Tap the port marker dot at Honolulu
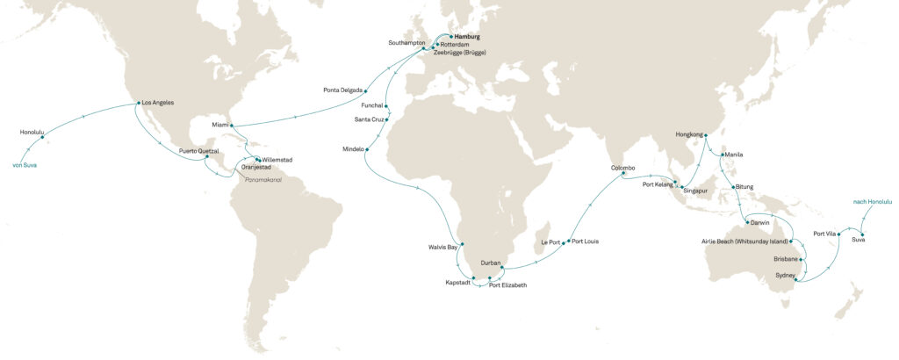[x=41, y=138]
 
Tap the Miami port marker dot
[x=232, y=126]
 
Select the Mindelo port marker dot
[x=367, y=149]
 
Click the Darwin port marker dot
[x=747, y=222]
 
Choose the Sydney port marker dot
[x=795, y=279]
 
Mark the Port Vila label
[x=825, y=234]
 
